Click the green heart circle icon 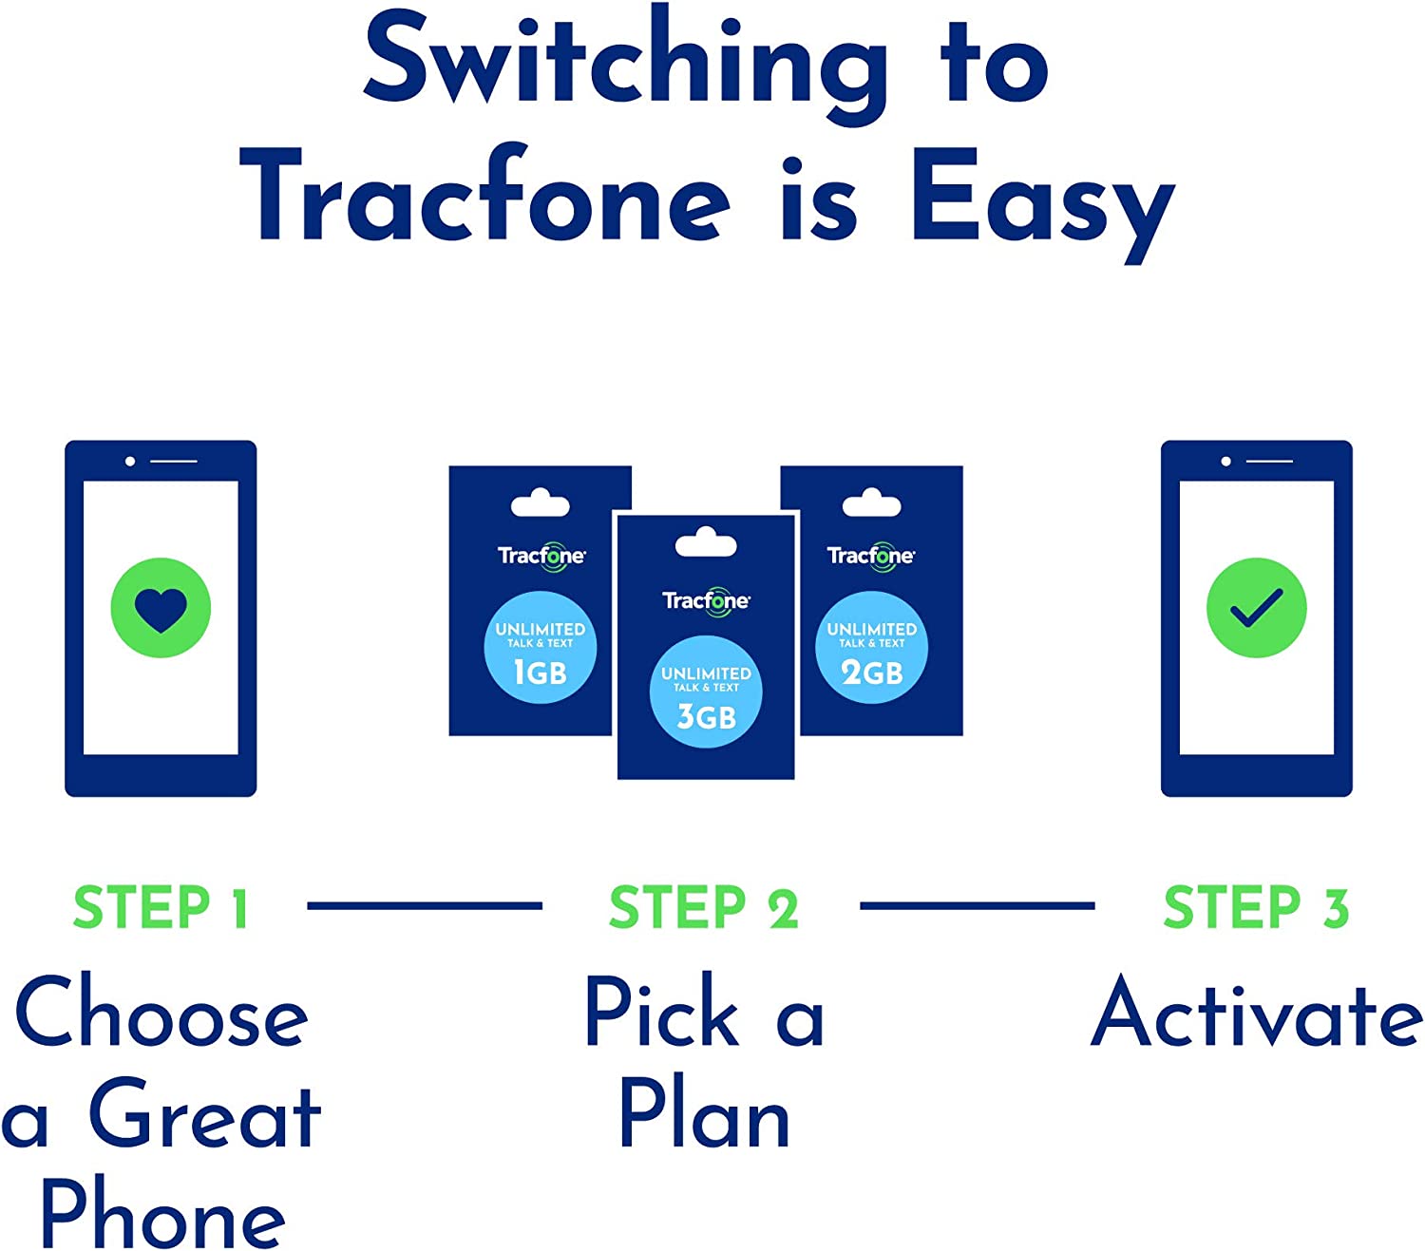click(x=161, y=607)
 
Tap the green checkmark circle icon click(x=1256, y=607)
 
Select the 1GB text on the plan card click(x=540, y=673)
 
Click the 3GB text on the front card click(x=706, y=716)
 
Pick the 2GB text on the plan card click(x=871, y=673)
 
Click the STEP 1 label click(x=161, y=907)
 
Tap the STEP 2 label click(x=704, y=907)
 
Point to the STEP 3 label click(x=1256, y=907)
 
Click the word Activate click(x=1256, y=1014)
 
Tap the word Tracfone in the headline click(x=484, y=199)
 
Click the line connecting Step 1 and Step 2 click(x=425, y=906)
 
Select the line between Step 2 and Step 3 click(x=977, y=906)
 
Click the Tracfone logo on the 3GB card click(x=706, y=601)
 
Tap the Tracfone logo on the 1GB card click(x=541, y=556)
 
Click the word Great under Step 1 click(x=204, y=1116)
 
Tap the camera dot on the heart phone click(x=130, y=462)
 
